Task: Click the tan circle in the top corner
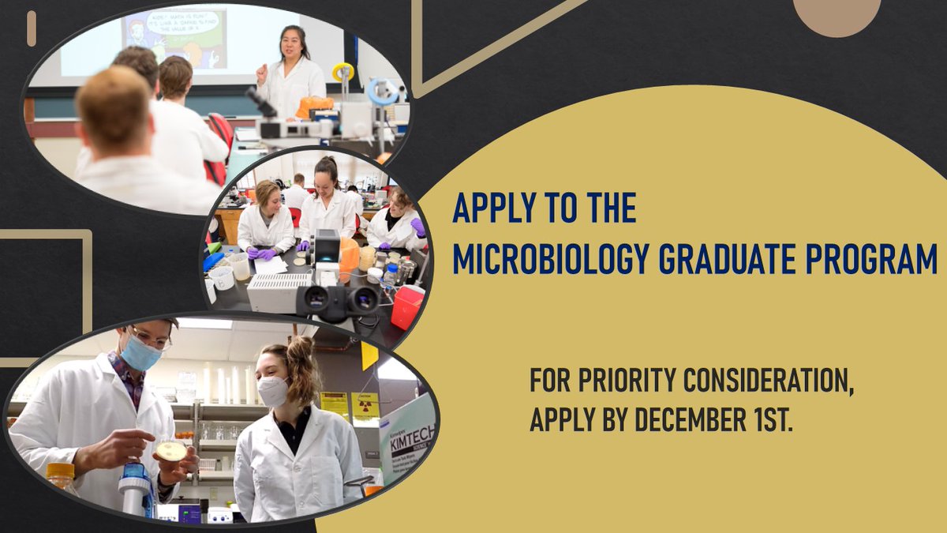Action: click(837, 14)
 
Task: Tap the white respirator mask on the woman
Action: click(273, 391)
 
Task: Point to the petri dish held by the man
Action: click(172, 451)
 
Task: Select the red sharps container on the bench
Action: click(407, 306)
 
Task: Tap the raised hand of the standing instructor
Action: click(261, 73)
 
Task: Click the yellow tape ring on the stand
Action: click(342, 72)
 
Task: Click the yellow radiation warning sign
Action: click(365, 405)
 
